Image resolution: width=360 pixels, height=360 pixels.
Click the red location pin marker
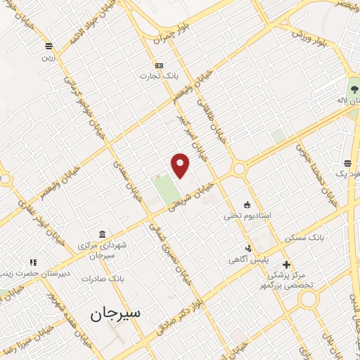coord(181,165)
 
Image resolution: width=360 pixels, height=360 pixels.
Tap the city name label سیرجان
coord(116,314)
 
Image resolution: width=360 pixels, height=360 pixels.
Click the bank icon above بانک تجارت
coord(159,65)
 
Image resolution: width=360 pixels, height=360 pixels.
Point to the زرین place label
coord(49,58)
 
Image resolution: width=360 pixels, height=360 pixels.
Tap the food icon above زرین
coord(49,46)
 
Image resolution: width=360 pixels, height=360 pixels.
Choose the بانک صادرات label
coord(102,278)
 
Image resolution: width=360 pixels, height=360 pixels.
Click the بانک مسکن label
coord(304,239)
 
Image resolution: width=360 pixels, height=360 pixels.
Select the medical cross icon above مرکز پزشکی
coord(285,264)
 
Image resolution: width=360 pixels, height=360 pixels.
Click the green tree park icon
coord(354,89)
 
